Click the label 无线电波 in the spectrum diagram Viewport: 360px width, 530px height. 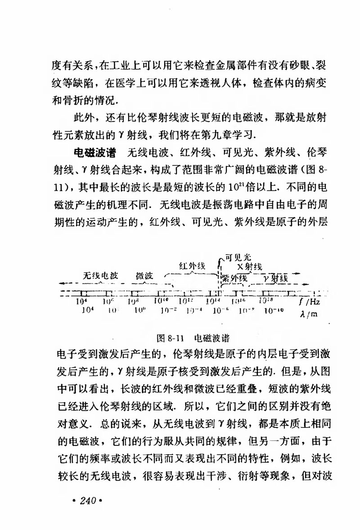coord(100,275)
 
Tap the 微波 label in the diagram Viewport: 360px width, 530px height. coord(144,276)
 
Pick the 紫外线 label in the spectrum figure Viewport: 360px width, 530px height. coord(234,278)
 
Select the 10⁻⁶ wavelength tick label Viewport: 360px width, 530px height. coord(221,310)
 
